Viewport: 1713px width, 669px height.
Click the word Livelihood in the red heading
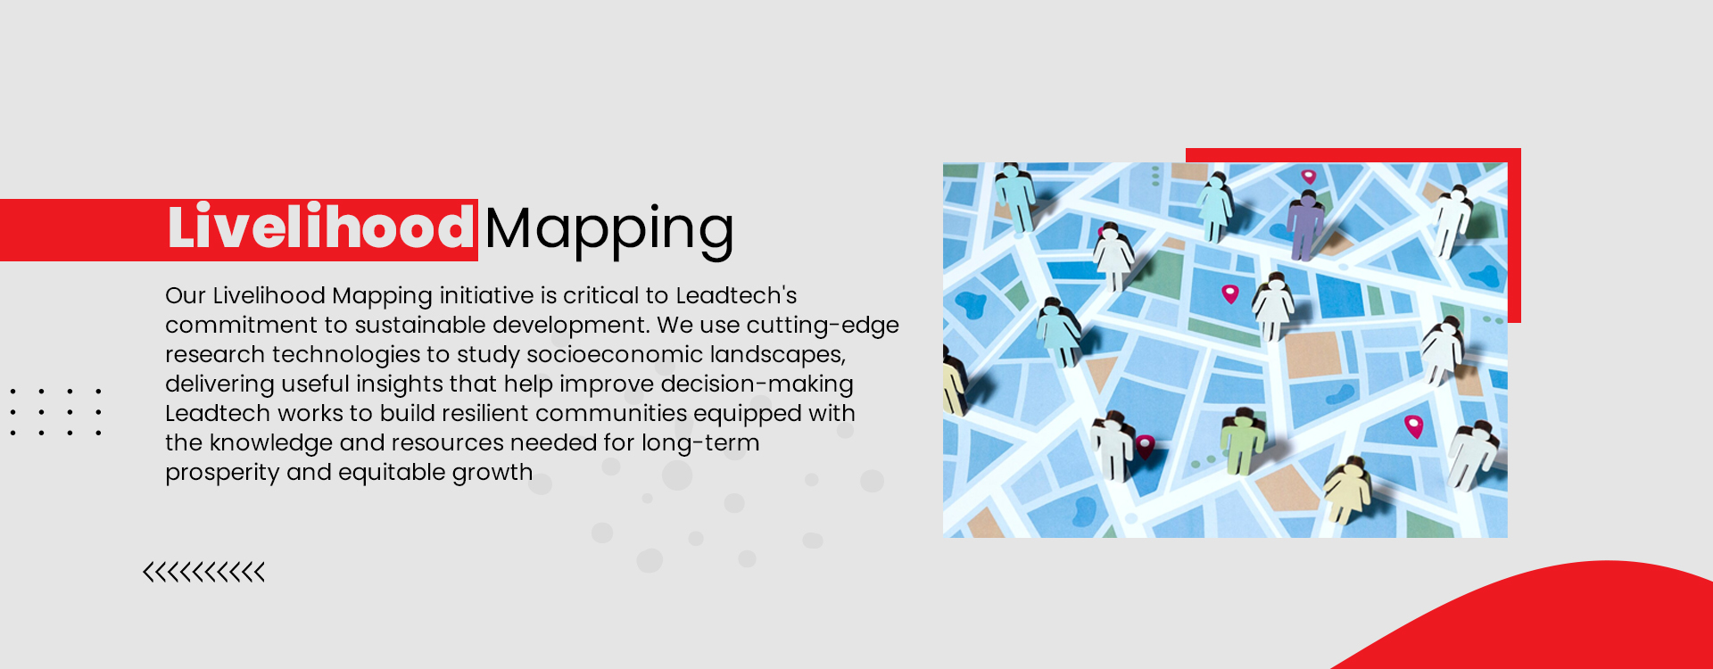click(x=320, y=228)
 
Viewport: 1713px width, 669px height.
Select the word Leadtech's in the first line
click(x=736, y=295)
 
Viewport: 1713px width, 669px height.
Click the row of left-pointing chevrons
click(x=204, y=572)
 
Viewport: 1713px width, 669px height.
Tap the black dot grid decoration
click(x=55, y=412)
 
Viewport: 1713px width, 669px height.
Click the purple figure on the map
click(x=1305, y=225)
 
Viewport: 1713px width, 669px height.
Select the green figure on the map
click(x=1241, y=442)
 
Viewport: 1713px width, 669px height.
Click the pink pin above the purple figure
click(x=1308, y=177)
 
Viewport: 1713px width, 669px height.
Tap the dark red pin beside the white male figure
click(x=1145, y=444)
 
